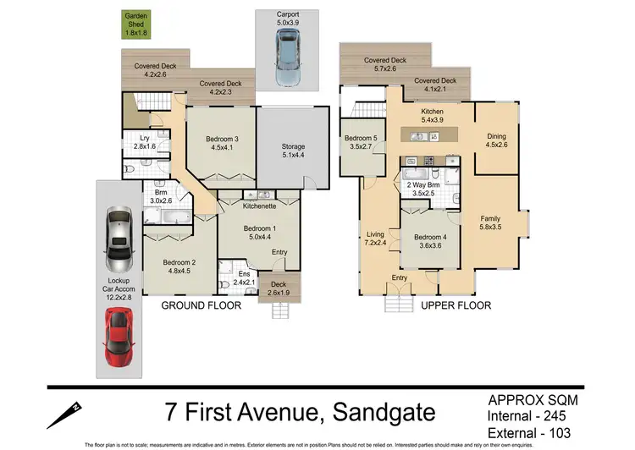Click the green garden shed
136,25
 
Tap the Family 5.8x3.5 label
490,222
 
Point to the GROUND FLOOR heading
202,305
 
